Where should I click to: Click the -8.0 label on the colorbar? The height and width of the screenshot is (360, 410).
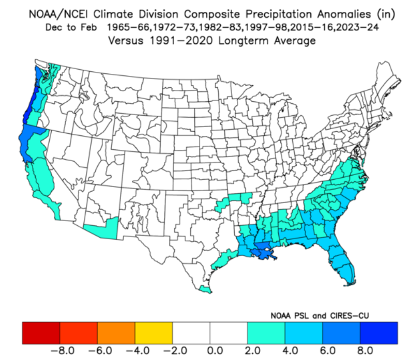pos(63,350)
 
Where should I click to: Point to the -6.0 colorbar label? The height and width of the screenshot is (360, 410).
pos(100,350)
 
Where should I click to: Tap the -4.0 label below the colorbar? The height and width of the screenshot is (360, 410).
pos(138,350)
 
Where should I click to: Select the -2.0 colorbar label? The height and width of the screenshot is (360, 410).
pos(175,350)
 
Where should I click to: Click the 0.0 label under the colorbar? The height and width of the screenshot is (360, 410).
pos(215,350)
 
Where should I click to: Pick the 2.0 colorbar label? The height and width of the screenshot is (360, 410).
pos(253,350)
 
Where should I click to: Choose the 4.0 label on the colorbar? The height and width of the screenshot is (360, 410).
pos(290,350)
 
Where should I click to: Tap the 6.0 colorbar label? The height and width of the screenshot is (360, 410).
pos(328,350)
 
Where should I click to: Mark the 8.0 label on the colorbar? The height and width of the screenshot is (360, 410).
pos(365,350)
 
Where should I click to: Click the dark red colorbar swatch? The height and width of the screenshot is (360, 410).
pos(41,333)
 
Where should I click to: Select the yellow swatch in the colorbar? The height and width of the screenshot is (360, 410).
pos(154,333)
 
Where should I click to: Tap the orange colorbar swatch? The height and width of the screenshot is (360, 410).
pos(116,333)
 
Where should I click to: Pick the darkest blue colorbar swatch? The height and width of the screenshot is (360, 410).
pos(378,333)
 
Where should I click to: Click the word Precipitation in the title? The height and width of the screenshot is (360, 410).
pos(279,14)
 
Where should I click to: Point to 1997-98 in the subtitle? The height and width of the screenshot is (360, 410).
pos(266,27)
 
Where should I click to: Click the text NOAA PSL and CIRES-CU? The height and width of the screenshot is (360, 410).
pos(320,316)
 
